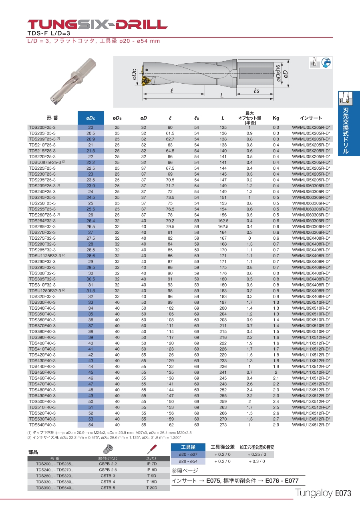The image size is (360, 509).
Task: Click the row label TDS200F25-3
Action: pyautogui.click(x=42, y=127)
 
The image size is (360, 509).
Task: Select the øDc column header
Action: pyautogui.click(x=91, y=118)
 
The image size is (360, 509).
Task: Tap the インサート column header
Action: pyautogui.click(x=311, y=118)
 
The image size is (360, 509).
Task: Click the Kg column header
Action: pyautogui.click(x=276, y=118)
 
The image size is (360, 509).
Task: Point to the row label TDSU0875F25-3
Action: pyautogui.click(x=44, y=162)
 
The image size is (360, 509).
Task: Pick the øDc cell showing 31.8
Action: pyautogui.click(x=91, y=291)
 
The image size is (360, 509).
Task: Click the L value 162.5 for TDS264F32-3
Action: pyautogui.click(x=223, y=221)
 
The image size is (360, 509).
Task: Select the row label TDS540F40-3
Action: pyautogui.click(x=42, y=425)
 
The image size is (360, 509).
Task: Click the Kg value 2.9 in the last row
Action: pyautogui.click(x=276, y=425)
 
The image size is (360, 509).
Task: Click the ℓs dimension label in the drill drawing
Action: pyautogui.click(x=257, y=91)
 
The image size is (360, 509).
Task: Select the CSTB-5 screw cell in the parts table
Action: pyautogui.click(x=108, y=488)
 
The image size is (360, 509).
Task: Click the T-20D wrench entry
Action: pyautogui.click(x=151, y=488)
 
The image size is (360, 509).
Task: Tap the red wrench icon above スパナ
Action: pyautogui.click(x=151, y=449)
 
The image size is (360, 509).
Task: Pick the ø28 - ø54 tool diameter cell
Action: pyautogui.click(x=188, y=461)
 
